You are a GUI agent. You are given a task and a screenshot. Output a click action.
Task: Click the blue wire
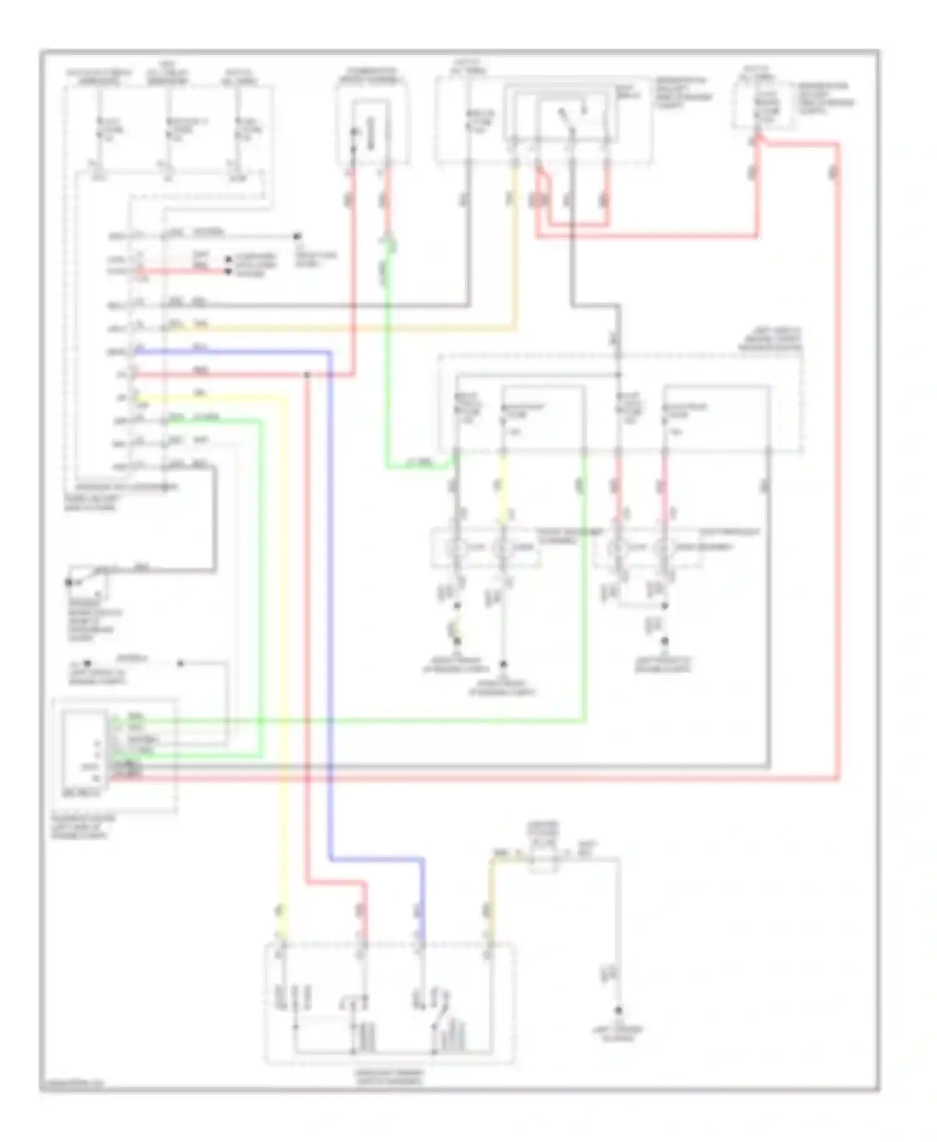[x=329, y=600]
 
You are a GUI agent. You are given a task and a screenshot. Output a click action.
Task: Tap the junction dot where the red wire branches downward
[x=307, y=375]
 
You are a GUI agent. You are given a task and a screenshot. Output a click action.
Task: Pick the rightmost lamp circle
[x=665, y=548]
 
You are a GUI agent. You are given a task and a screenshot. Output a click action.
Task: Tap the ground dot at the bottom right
[x=618, y=1010]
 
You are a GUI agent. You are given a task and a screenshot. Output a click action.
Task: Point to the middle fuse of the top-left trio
[x=167, y=128]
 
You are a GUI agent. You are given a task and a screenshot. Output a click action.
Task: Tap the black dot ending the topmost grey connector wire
[x=297, y=236]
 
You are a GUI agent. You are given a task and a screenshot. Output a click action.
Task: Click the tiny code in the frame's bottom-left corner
[x=72, y=1084]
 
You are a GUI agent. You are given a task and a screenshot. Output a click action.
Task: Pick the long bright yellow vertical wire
[x=284, y=656]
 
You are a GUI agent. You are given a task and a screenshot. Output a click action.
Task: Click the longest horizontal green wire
[x=375, y=720]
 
